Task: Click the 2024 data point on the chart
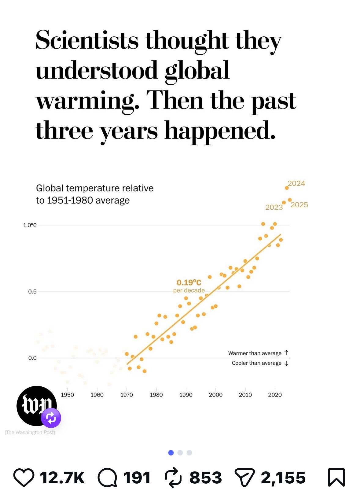pos(287,188)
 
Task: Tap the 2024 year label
pos(296,183)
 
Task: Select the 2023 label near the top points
pos(274,207)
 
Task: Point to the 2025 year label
pos(299,205)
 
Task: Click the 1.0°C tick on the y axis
pos(30,225)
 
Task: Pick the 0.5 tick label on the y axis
pos(32,292)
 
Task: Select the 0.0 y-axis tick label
pos(32,358)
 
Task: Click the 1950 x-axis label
pos(67,395)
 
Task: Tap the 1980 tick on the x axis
pos(156,395)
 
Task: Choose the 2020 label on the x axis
pos(275,395)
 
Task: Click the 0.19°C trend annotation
pos(189,282)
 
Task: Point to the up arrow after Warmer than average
pos(286,353)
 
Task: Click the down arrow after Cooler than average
pos(286,363)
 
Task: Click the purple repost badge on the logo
pos(51,418)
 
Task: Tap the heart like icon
pos(24,478)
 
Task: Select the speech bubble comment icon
pos(107,478)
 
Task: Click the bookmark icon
pos(336,478)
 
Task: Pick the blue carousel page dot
pos(171,453)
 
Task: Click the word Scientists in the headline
pos(87,40)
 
